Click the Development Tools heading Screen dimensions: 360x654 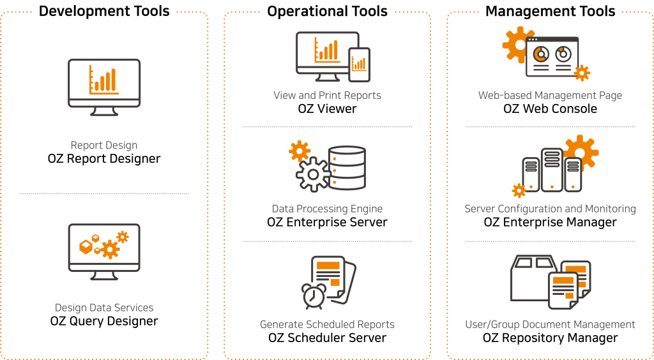click(x=104, y=11)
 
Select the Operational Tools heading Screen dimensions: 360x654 click(x=327, y=11)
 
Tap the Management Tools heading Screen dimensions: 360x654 click(x=550, y=11)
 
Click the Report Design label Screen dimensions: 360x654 click(x=104, y=146)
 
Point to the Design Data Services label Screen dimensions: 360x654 click(x=104, y=308)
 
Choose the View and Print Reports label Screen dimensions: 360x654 click(x=327, y=96)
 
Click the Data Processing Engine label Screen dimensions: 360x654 click(x=327, y=209)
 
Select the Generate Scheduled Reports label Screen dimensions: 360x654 click(x=327, y=324)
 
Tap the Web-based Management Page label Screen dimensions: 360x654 click(x=550, y=96)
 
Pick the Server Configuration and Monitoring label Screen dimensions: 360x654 click(x=550, y=209)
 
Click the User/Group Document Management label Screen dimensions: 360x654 click(x=550, y=324)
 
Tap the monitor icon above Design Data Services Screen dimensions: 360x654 click(x=104, y=251)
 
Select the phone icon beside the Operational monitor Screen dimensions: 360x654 click(x=359, y=64)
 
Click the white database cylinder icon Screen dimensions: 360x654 click(x=347, y=169)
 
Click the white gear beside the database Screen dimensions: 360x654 click(x=313, y=174)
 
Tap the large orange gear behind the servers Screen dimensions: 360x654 click(x=580, y=151)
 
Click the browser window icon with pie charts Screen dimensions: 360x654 click(x=552, y=57)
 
